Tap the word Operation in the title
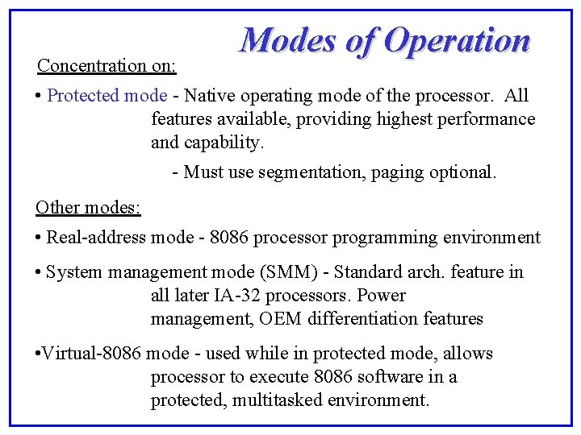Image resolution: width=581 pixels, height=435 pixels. [457, 40]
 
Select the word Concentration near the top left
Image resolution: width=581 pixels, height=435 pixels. [91, 64]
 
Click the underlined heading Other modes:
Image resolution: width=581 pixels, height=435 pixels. [88, 207]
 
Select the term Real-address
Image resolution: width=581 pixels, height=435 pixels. [97, 238]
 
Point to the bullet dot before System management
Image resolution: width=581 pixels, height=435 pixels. [39, 272]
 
